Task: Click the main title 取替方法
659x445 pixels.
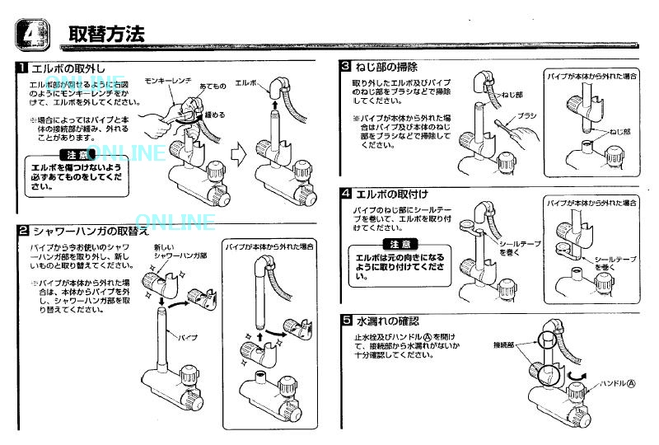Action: [x=106, y=34]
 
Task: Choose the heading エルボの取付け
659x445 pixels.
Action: [x=391, y=194]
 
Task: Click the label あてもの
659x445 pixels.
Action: [x=213, y=85]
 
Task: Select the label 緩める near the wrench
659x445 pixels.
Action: [x=214, y=115]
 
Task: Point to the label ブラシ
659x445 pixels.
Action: [x=527, y=117]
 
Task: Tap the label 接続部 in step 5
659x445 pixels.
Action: [x=503, y=343]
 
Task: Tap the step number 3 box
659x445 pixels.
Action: [x=346, y=66]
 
